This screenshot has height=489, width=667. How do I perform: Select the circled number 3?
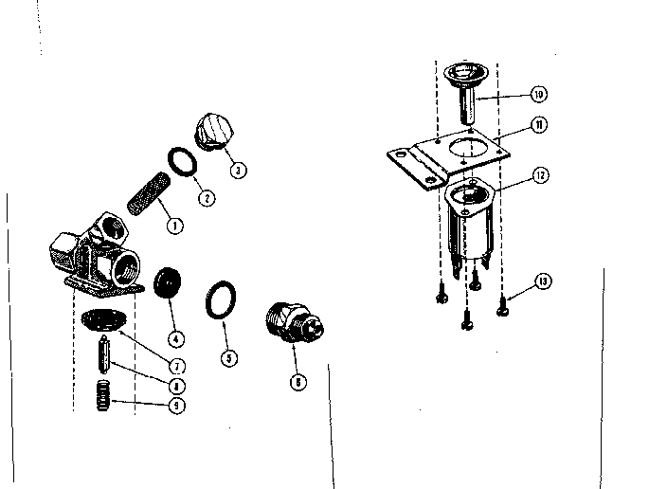click(238, 171)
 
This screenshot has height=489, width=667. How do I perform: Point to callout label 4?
click(176, 338)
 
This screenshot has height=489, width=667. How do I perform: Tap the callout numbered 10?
click(538, 95)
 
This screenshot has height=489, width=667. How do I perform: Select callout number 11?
click(538, 124)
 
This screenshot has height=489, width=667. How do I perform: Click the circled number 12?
click(539, 174)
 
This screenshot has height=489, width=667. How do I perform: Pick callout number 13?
click(541, 281)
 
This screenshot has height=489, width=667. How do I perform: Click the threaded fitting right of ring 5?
click(291, 321)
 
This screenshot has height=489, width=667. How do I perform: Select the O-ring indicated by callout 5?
click(221, 299)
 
